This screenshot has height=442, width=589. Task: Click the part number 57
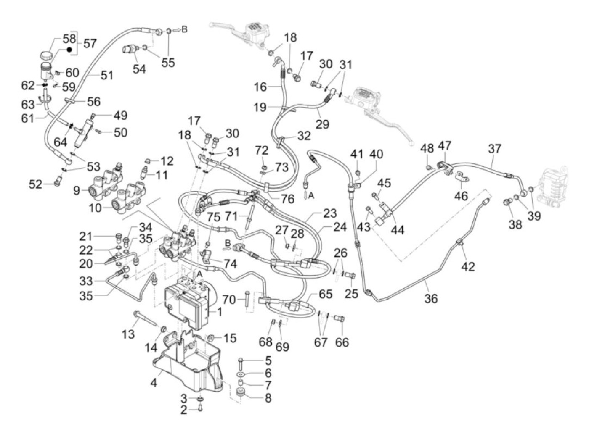pos(90,43)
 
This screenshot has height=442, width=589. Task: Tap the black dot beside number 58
pos(70,50)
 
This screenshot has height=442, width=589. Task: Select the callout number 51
pos(107,75)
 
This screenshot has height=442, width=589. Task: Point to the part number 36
pos(431,298)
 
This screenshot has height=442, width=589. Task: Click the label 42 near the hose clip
pos(468,266)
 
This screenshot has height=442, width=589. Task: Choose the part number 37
pos(495,149)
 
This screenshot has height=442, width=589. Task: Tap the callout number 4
pos(154,383)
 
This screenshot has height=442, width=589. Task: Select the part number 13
pos(128,334)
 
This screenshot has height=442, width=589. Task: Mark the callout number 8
pos(268,397)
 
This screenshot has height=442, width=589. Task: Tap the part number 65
pos(325,294)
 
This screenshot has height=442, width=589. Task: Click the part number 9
pos(76,191)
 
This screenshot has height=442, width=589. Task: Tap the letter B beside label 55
pos(184,29)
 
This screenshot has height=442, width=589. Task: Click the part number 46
pos(462,195)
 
